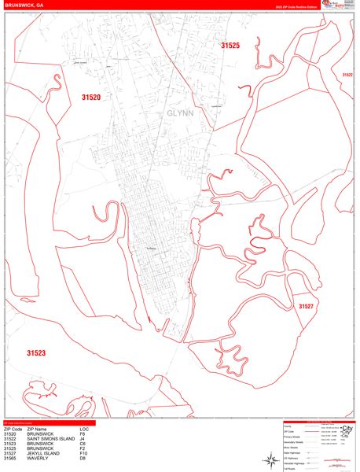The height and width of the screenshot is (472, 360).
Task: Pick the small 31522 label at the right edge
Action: [347, 75]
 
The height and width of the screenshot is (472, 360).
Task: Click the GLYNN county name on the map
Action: [179, 112]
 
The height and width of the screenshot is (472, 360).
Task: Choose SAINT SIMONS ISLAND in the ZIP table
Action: [53, 438]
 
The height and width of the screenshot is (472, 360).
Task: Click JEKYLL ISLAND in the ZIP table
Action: [44, 453]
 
